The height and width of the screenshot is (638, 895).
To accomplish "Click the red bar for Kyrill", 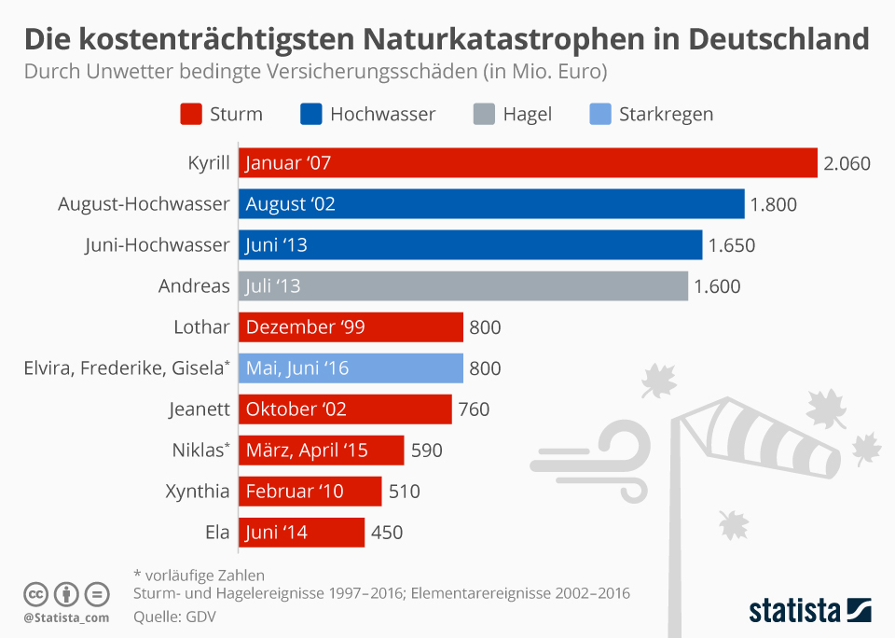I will point(528,163).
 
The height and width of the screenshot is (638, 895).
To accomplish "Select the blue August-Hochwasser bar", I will point(491,204).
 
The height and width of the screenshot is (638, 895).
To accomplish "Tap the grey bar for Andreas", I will point(463,285).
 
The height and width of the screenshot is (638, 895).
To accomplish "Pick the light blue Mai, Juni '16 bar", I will point(351,368).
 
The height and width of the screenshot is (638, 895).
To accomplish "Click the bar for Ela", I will point(301,532).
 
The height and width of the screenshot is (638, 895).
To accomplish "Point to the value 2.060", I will point(847,164).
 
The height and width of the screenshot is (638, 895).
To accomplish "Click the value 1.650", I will point(731,245).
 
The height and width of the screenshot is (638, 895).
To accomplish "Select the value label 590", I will point(426,450).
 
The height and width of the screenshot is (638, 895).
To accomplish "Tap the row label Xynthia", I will point(197,491).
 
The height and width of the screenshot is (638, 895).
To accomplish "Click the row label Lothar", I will point(201,326).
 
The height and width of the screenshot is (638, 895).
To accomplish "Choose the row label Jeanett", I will point(200,409).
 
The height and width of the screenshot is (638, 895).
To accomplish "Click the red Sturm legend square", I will point(190,115).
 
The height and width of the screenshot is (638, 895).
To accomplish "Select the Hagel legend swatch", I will point(483,115).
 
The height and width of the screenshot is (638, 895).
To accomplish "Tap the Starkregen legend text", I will point(666,115).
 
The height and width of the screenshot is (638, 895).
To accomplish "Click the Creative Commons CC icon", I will point(35,594).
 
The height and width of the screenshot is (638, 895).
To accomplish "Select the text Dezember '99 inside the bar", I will point(305,326).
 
